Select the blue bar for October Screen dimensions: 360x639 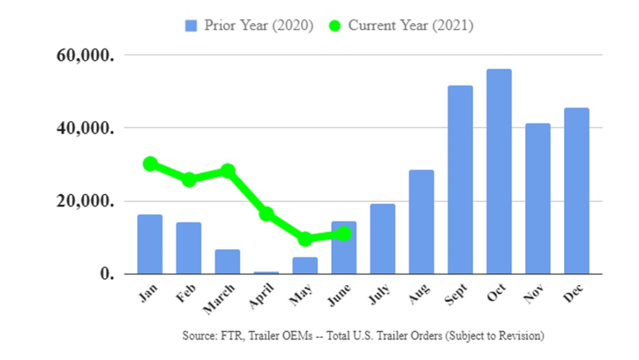pyautogui.click(x=499, y=172)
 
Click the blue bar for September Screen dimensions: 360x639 pyautogui.click(x=460, y=179)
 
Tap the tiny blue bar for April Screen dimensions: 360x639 pyautogui.click(x=266, y=272)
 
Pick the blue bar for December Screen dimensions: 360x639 pyautogui.click(x=576, y=190)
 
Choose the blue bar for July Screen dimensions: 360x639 pyautogui.click(x=383, y=239)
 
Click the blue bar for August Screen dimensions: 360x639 pyautogui.click(x=421, y=222)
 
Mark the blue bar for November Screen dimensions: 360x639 pyautogui.click(x=538, y=198)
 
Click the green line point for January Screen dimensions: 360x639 pyautogui.click(x=151, y=164)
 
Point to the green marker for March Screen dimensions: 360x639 pyautogui.click(x=228, y=171)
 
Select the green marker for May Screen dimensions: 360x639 pyautogui.click(x=305, y=239)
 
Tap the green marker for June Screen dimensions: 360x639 pyautogui.click(x=344, y=233)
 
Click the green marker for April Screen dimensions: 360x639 pyautogui.click(x=266, y=214)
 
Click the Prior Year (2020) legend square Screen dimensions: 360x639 pyautogui.click(x=191, y=26)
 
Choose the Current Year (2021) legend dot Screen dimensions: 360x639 pyautogui.click(x=335, y=26)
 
